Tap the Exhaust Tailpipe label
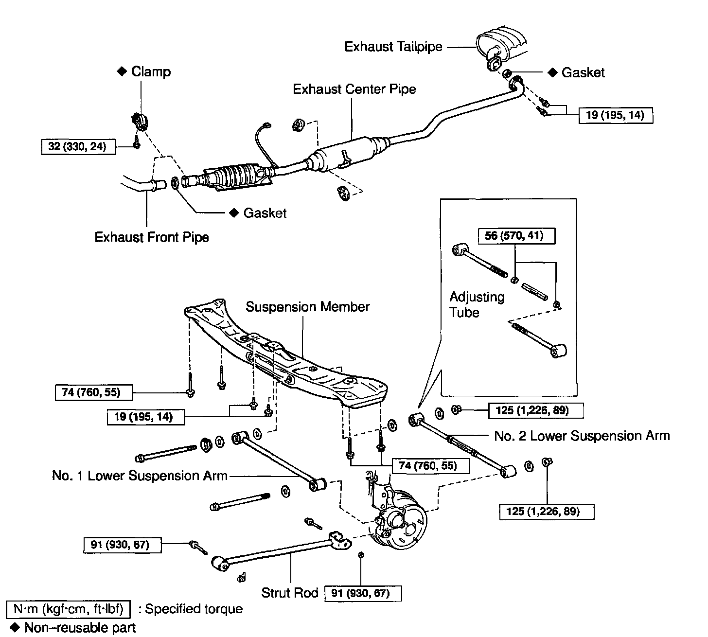click(x=393, y=47)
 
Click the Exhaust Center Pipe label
click(x=354, y=89)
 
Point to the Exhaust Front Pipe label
click(x=152, y=237)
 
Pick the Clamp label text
click(x=151, y=72)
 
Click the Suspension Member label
click(x=307, y=307)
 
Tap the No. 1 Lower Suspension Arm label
click(x=140, y=476)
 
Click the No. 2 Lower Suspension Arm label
click(x=582, y=436)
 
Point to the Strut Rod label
click(x=289, y=593)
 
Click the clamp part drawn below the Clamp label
click(x=140, y=121)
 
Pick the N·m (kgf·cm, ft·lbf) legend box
click(x=69, y=609)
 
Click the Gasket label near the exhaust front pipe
click(x=265, y=213)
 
